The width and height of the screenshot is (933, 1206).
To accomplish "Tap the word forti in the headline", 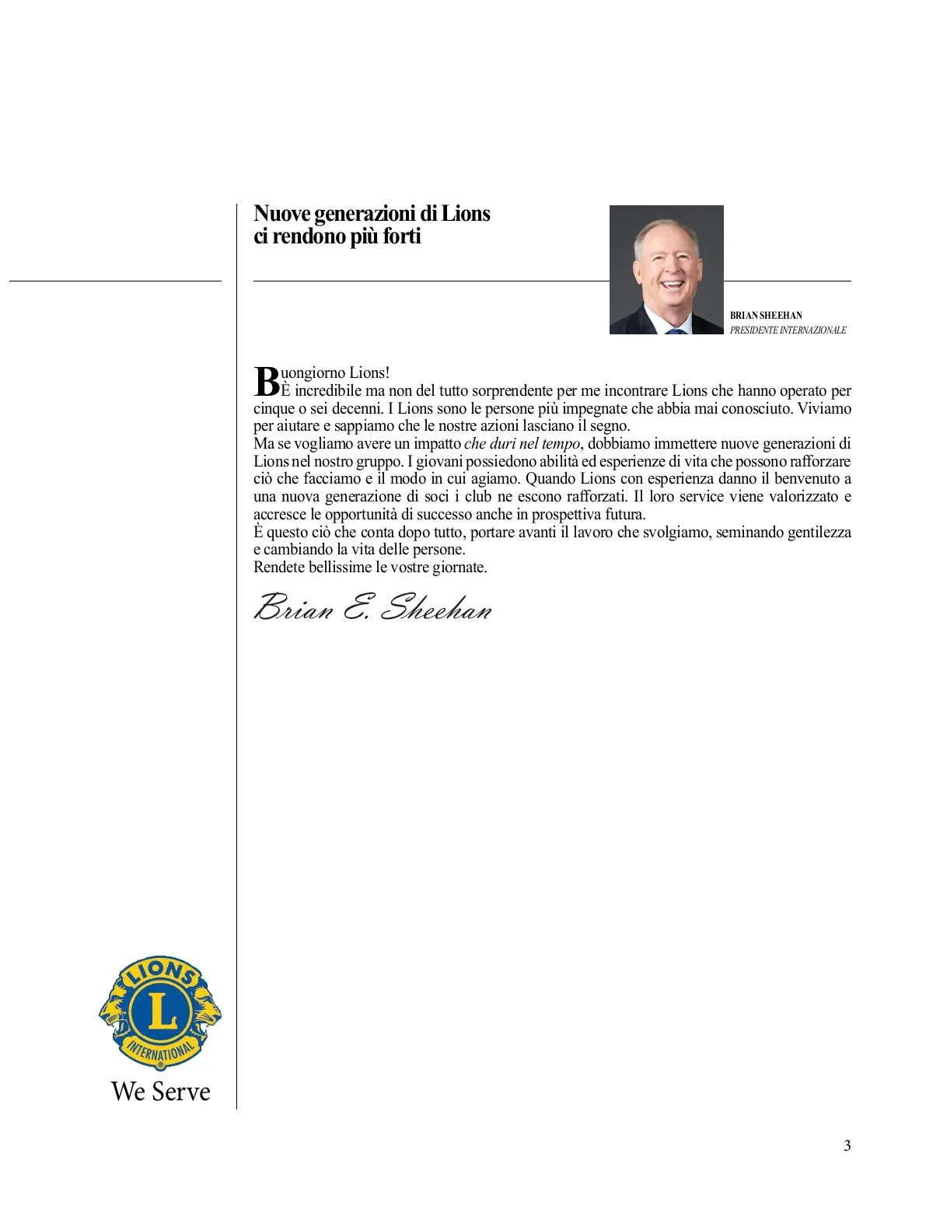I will [x=402, y=236].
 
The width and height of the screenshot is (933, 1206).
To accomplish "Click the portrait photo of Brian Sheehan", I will [x=666, y=269].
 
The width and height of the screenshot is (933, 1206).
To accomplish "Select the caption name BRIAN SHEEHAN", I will [x=766, y=316].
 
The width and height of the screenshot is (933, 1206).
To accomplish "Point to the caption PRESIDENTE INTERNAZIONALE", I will [x=788, y=330].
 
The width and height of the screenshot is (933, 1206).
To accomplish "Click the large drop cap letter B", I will [x=267, y=381].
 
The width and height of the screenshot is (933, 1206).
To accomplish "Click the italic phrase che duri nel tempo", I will [x=522, y=444].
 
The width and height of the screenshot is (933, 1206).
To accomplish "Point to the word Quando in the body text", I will [x=550, y=479].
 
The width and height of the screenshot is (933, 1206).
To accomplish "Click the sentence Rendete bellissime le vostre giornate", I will [x=370, y=568].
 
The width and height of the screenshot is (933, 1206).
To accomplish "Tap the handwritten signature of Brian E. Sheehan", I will [x=373, y=607].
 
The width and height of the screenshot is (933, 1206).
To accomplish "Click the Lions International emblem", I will [x=160, y=1013].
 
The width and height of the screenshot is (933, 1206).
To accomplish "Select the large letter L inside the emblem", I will [x=161, y=1012].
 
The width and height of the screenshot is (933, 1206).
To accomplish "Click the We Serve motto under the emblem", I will [x=161, y=1092].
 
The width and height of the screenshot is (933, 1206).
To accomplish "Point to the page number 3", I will [x=847, y=1145].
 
